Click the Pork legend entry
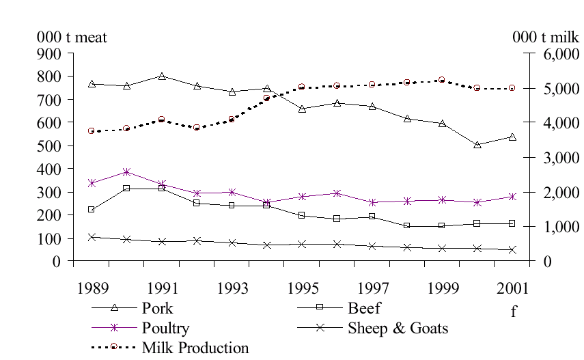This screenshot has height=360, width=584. [x=157, y=308]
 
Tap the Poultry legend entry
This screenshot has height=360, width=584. [x=165, y=328]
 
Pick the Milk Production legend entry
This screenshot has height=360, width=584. [x=195, y=348]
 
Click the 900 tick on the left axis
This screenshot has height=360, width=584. [x=48, y=53]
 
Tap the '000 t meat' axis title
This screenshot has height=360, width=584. [x=72, y=37]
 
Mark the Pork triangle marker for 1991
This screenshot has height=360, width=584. [x=162, y=77]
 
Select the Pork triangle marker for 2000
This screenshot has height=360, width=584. [x=477, y=145]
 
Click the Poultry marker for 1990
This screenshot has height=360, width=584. [x=126, y=172]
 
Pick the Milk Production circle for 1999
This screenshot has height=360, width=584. [x=442, y=80]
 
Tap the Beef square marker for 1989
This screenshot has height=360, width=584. [x=92, y=209]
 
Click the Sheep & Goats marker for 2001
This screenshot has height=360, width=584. [x=512, y=249]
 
